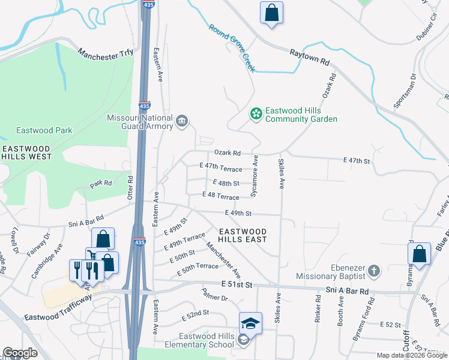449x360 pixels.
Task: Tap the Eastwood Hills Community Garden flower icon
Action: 256,113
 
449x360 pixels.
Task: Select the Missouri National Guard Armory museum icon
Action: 181,122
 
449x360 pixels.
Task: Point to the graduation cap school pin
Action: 250,325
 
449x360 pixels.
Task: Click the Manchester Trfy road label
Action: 105,53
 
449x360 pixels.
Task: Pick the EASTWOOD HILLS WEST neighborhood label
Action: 26,152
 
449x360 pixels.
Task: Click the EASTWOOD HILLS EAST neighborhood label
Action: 243,235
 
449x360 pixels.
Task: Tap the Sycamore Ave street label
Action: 255,176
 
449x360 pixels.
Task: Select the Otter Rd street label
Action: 130,187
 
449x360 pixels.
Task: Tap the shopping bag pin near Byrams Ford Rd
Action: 420,253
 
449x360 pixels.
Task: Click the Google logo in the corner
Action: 20,353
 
